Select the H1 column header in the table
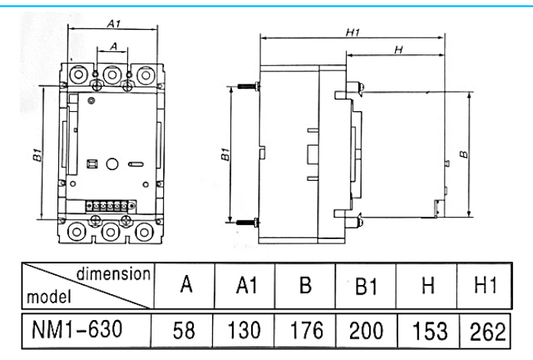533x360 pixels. click(x=484, y=287)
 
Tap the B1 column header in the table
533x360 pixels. click(x=366, y=287)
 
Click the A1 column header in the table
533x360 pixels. click(x=246, y=287)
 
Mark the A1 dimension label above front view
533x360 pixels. click(x=113, y=22)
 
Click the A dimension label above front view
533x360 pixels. click(x=113, y=46)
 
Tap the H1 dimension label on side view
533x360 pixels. click(x=352, y=32)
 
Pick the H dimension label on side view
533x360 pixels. click(x=398, y=49)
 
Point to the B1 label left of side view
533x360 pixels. click(x=225, y=156)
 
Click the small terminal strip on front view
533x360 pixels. click(x=111, y=205)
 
